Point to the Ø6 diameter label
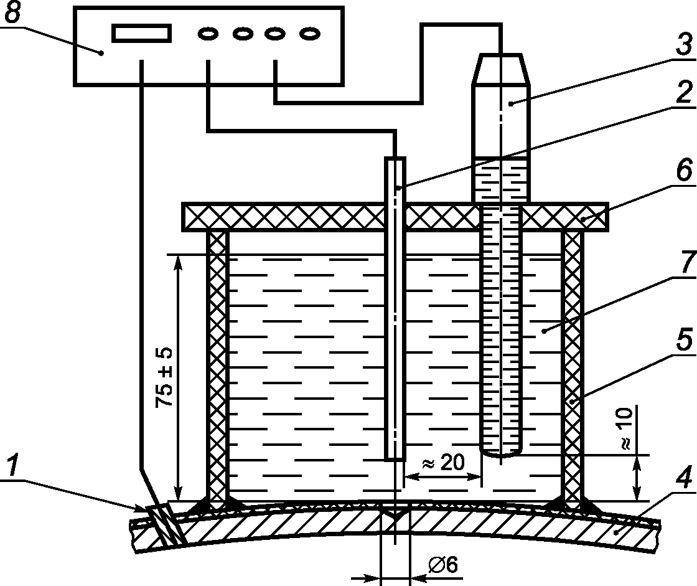(442, 565)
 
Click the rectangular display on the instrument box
(142, 34)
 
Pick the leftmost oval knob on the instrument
(208, 34)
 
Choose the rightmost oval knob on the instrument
(310, 34)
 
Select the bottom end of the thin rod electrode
(395, 458)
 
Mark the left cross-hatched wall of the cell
(218, 370)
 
